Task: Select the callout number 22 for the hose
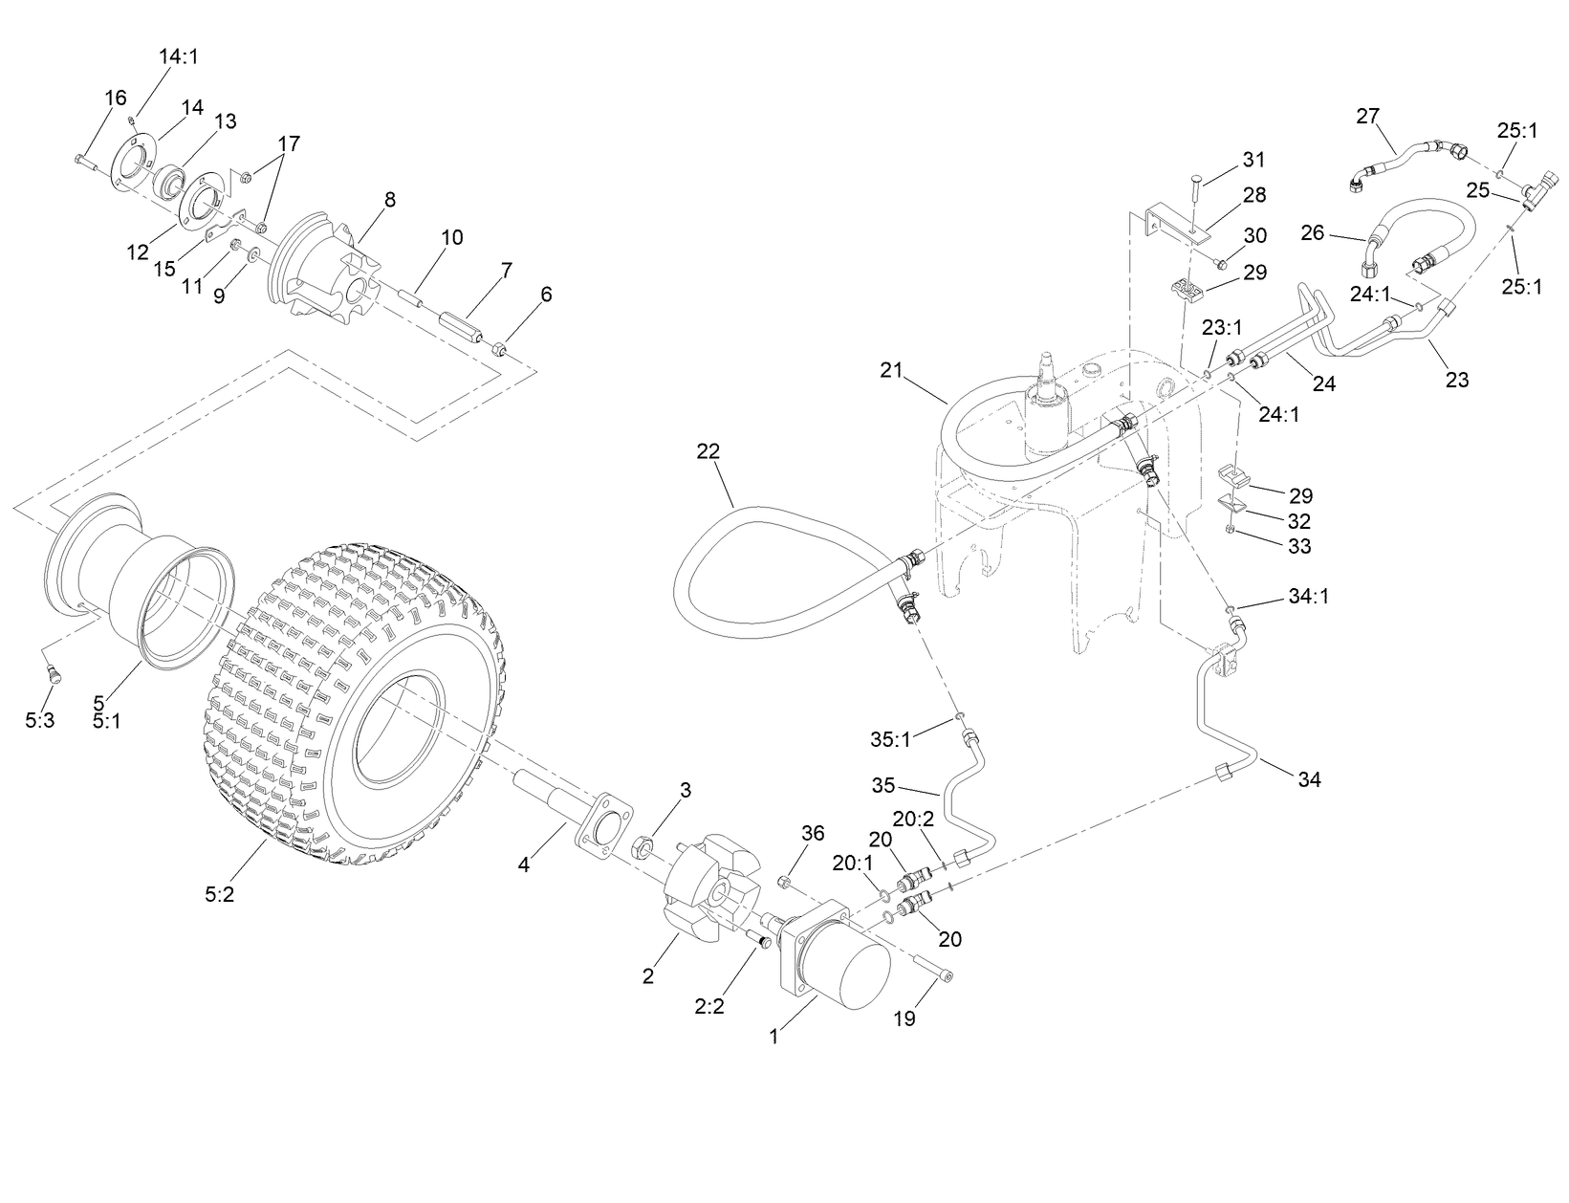[708, 450]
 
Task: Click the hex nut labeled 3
[643, 845]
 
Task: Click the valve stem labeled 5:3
[54, 675]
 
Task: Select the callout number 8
[389, 200]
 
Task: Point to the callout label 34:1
[1309, 597]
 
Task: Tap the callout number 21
[891, 370]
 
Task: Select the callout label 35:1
[890, 738]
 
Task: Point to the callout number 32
[1298, 521]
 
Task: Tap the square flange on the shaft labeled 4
[602, 824]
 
